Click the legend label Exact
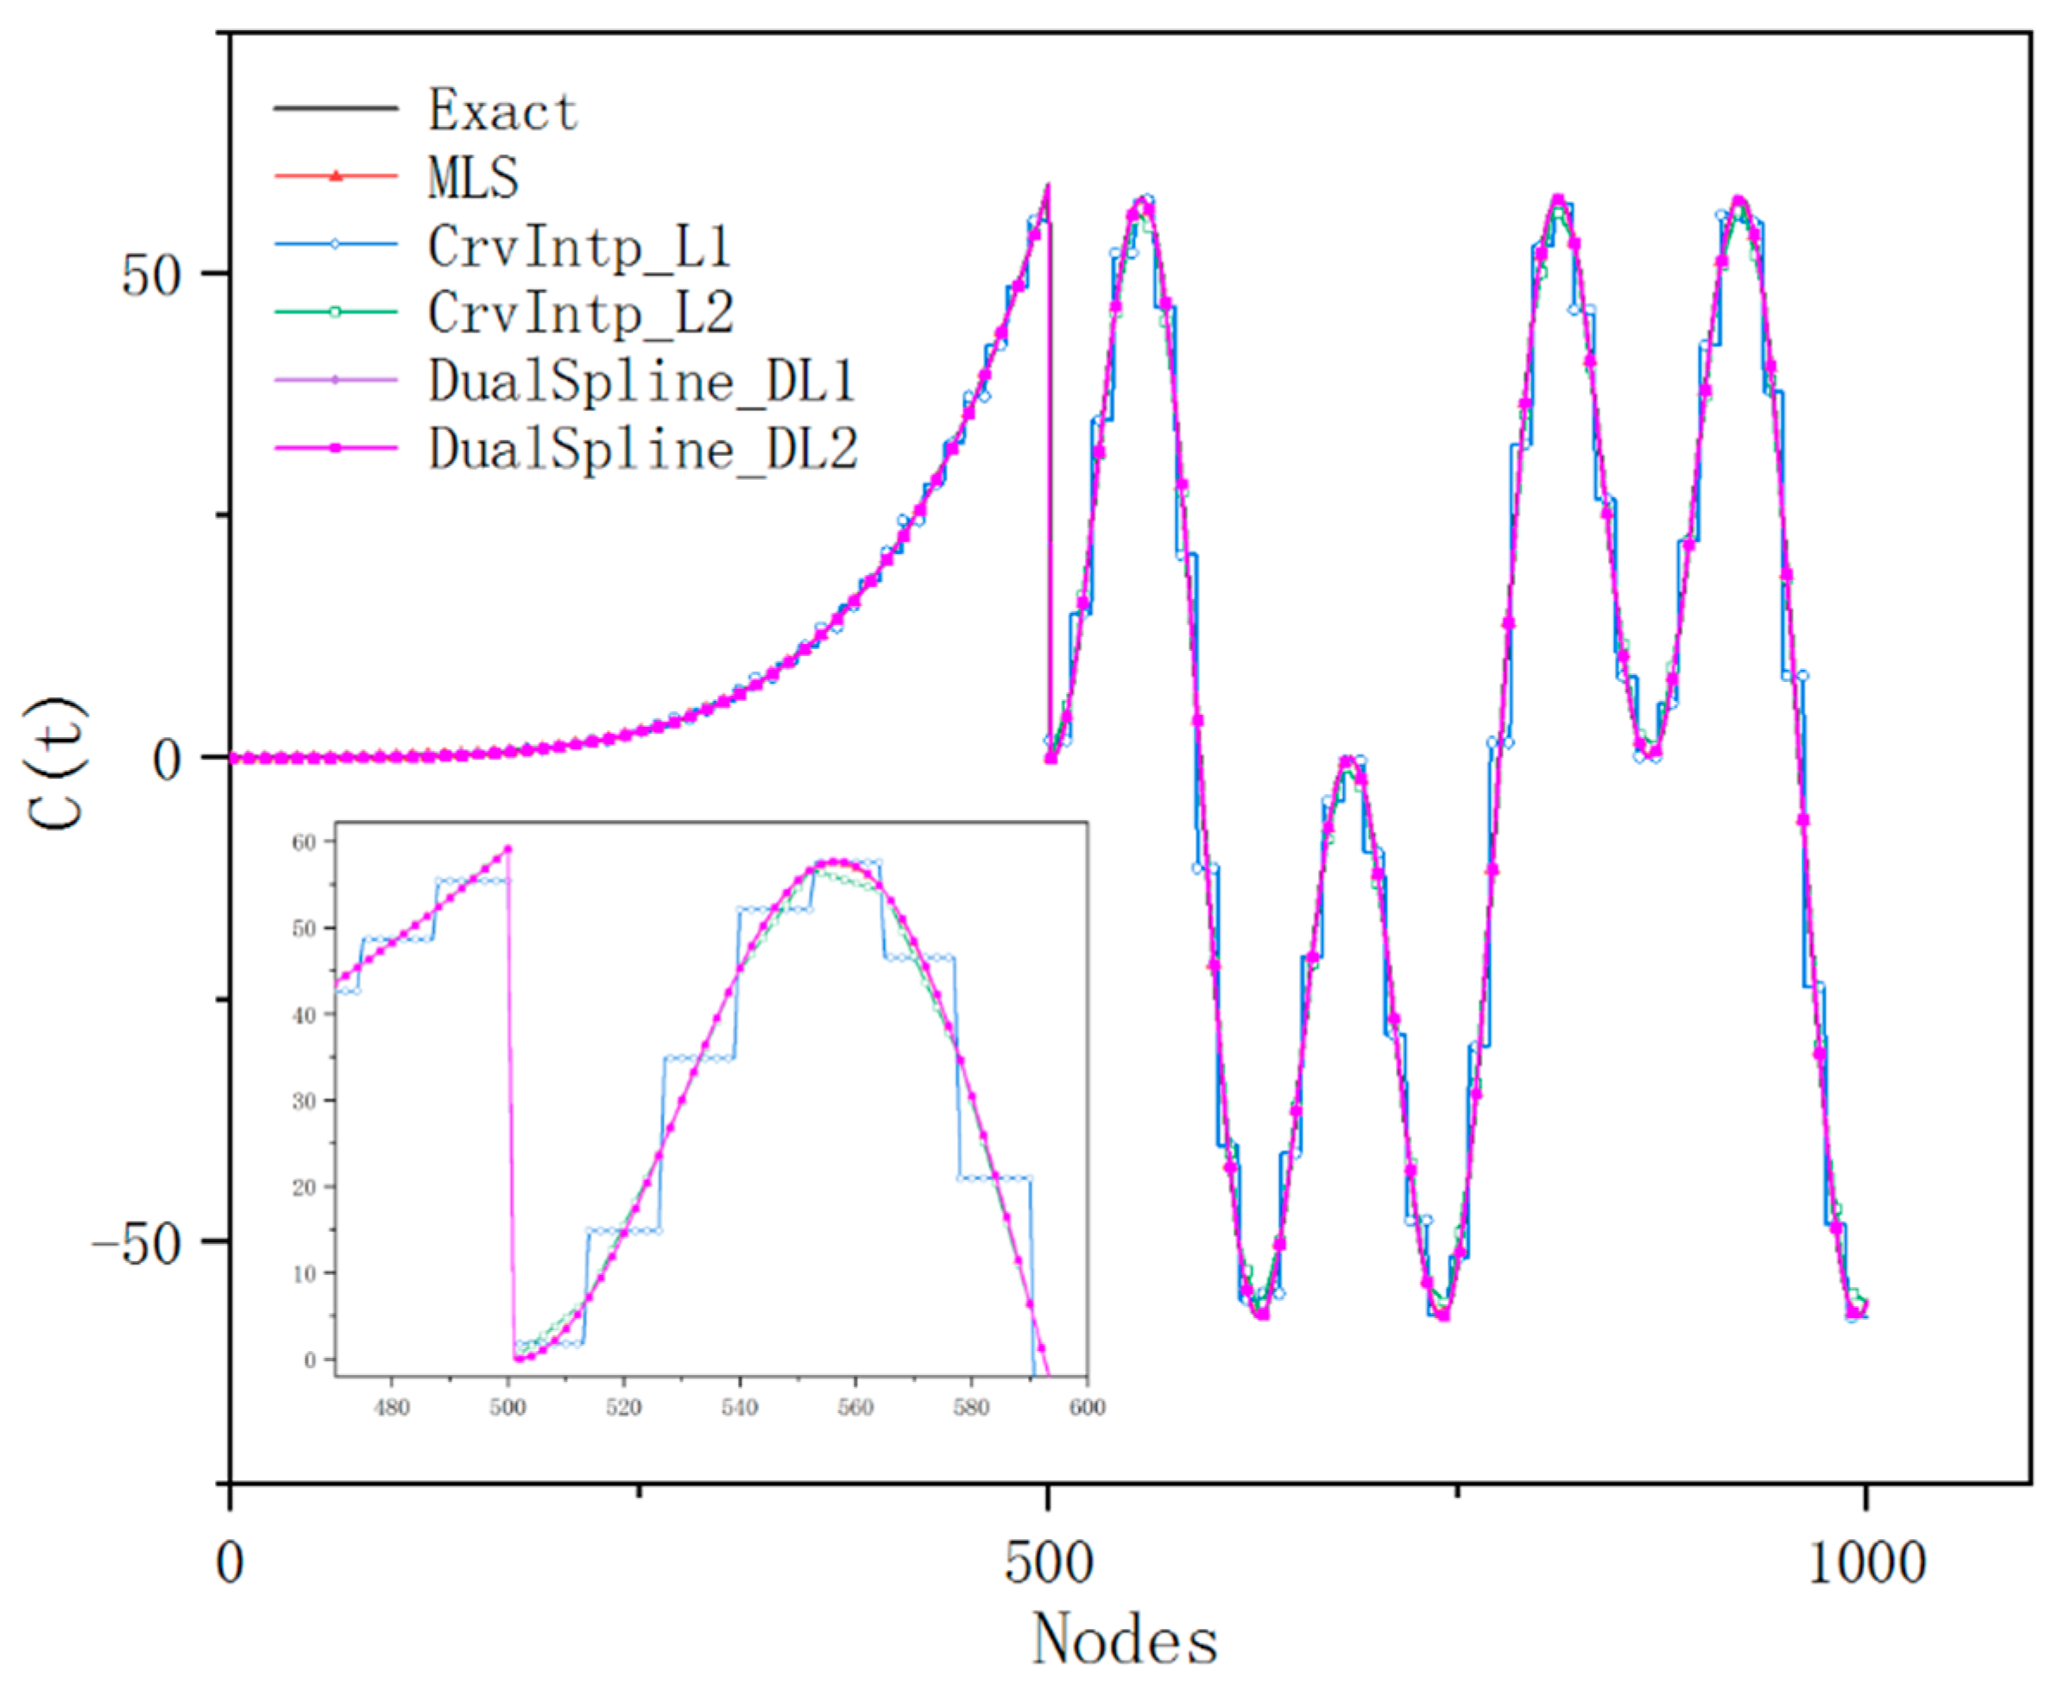click(x=502, y=109)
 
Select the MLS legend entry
click(x=473, y=178)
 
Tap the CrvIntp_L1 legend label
click(x=579, y=245)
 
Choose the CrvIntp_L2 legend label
click(x=580, y=313)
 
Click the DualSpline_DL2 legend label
click(x=643, y=449)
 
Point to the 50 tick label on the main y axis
click(x=152, y=275)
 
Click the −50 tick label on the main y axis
click(x=137, y=1244)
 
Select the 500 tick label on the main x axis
click(x=1048, y=1562)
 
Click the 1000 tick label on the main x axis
click(x=1865, y=1562)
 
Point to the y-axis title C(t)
click(x=57, y=764)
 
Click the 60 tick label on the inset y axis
click(x=303, y=843)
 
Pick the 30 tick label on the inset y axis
click(x=303, y=1101)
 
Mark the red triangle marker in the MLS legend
click(x=336, y=177)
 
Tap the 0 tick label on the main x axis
click(x=230, y=1562)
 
